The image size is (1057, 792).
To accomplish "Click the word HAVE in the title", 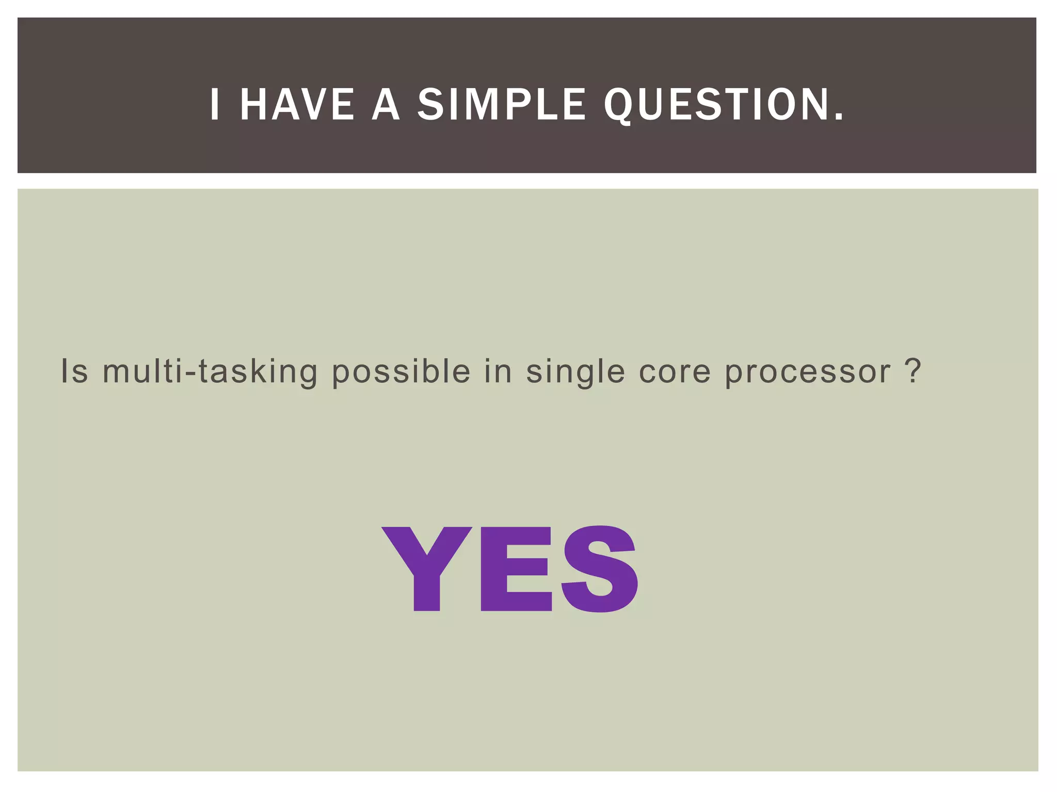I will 297,105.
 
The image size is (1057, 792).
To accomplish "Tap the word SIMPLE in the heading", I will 501,105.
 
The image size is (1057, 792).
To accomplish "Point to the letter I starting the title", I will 215,105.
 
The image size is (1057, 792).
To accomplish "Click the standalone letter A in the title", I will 386,105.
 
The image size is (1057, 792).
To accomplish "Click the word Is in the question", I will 74,371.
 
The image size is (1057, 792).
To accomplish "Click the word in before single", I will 498,371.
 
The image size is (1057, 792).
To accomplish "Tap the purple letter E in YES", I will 516,568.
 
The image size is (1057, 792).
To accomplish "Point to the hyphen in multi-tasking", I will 191,372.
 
